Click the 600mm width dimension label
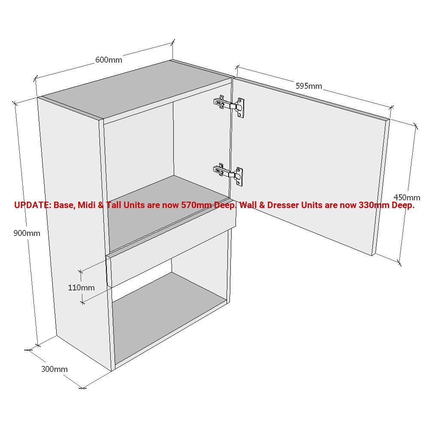click(109, 60)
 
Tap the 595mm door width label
click(309, 86)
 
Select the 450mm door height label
click(407, 197)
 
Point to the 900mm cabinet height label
click(27, 233)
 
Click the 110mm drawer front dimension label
click(81, 287)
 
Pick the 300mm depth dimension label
click(54, 369)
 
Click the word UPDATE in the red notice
click(32, 205)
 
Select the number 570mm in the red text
click(197, 205)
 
